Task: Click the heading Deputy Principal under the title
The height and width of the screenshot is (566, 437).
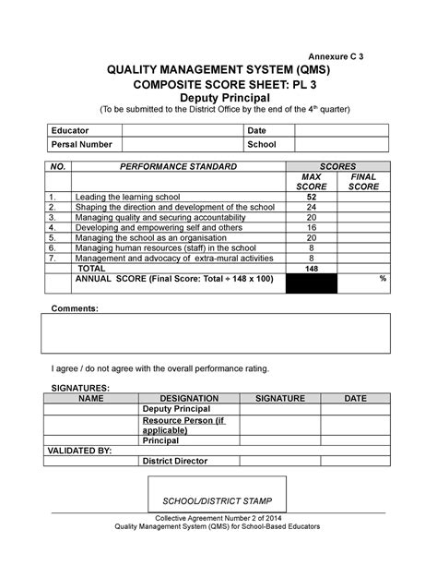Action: tap(218, 97)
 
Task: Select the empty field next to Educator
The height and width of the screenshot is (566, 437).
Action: tap(178, 130)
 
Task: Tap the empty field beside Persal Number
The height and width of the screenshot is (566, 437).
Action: tap(178, 145)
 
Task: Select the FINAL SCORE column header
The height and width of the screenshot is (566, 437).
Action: tap(363, 182)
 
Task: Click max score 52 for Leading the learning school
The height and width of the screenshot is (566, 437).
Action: tap(312, 198)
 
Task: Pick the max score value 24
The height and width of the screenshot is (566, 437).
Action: tap(312, 208)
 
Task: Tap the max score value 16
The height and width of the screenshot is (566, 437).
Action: tap(312, 227)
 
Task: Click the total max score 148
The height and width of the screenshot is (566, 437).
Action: tap(312, 268)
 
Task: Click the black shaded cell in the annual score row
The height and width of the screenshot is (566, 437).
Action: tap(312, 283)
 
